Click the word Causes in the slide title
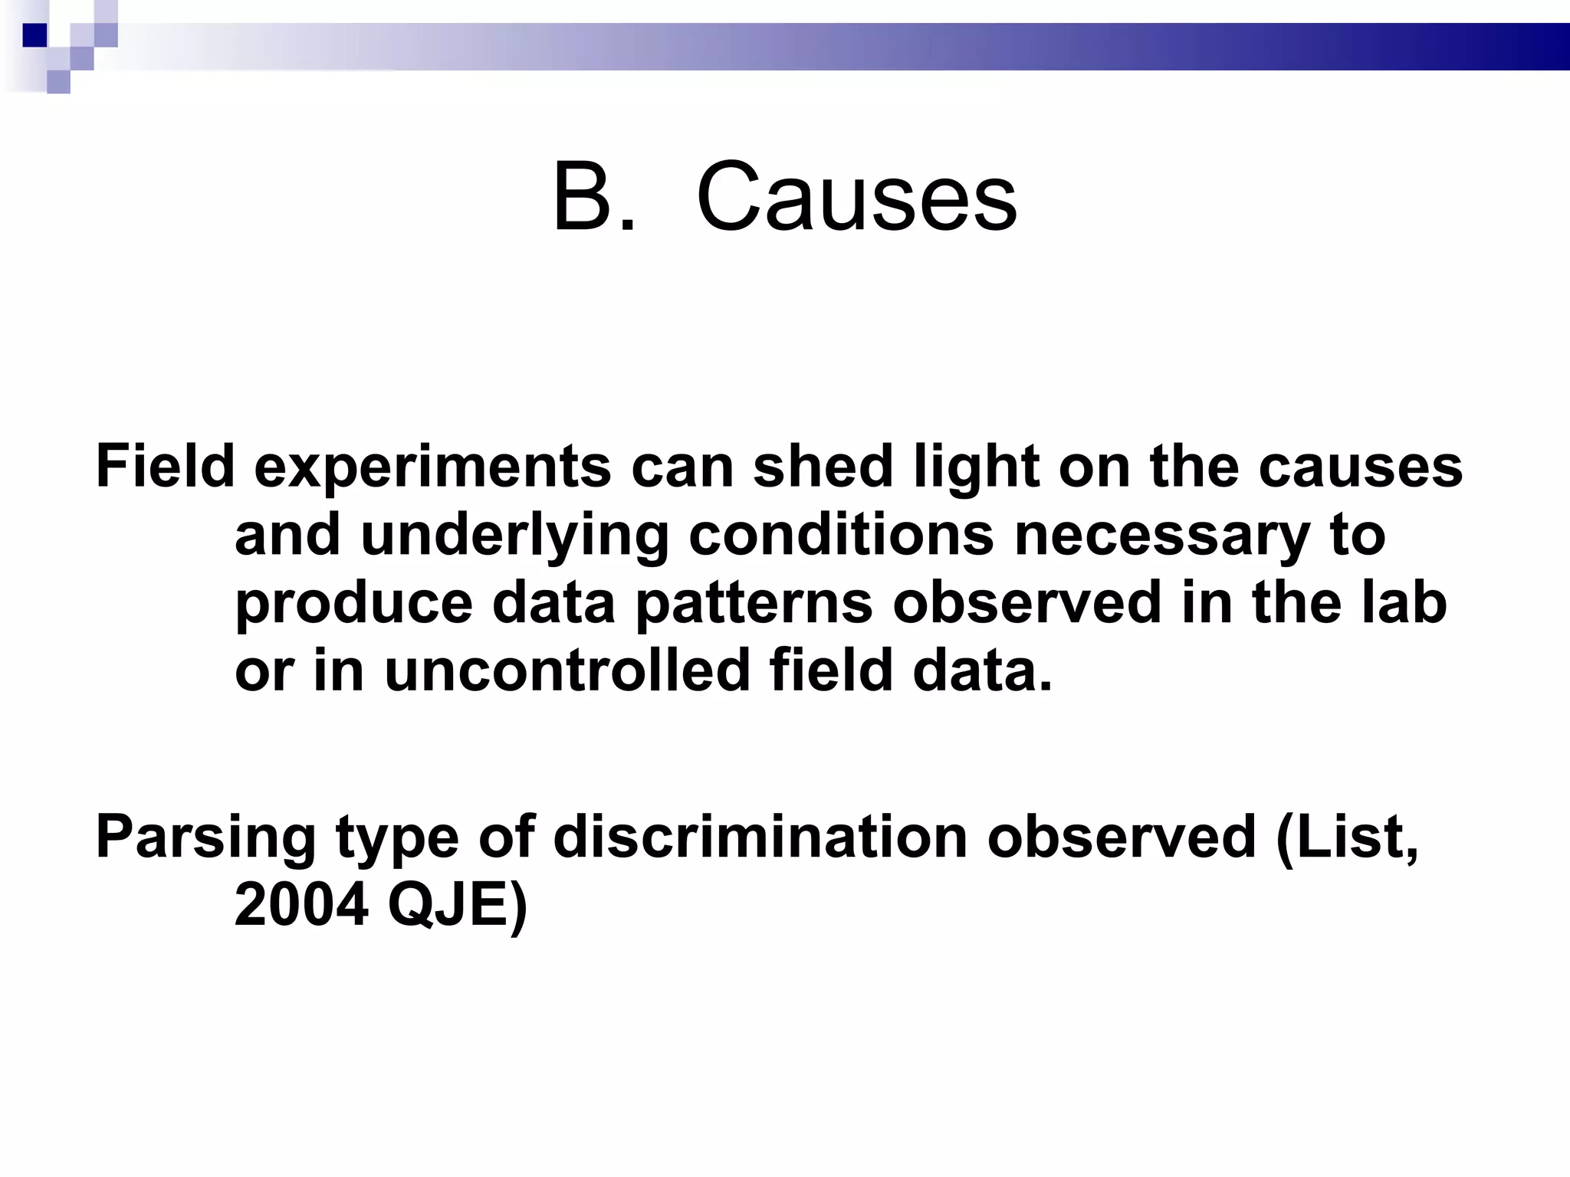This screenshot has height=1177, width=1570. (x=857, y=198)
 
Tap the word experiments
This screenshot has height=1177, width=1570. (x=432, y=467)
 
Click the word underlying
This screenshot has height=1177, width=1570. (x=514, y=536)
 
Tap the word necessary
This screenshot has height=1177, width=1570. (x=1162, y=536)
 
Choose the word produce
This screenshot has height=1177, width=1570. (x=353, y=604)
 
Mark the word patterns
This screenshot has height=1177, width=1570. (x=754, y=604)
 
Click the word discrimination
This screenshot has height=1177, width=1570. (x=760, y=837)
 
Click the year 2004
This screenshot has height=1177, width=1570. (x=301, y=905)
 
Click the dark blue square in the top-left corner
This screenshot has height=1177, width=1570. (x=34, y=35)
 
